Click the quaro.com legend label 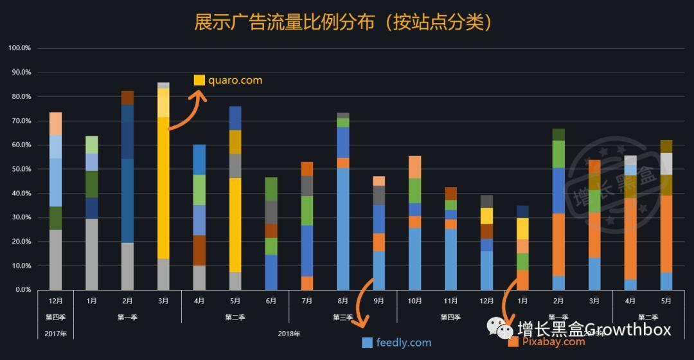235,80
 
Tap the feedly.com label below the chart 404,343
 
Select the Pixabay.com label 554,341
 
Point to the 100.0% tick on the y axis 19,48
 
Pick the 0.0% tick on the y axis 22,290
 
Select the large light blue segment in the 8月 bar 343,228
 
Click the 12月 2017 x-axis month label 55,300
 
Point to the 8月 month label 343,300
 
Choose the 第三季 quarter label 343,317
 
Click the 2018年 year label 289,334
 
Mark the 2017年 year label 55,334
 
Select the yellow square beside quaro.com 199,80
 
